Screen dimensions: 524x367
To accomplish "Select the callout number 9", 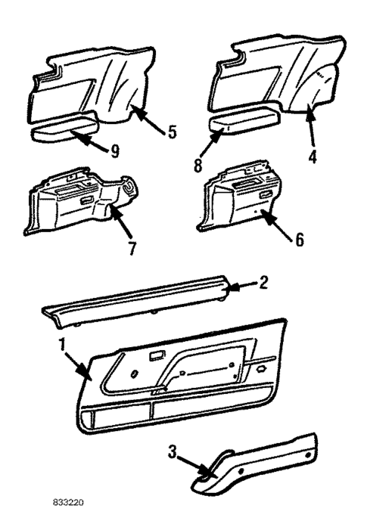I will tap(115, 151).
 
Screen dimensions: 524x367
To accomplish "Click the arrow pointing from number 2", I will tap(240, 287).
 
